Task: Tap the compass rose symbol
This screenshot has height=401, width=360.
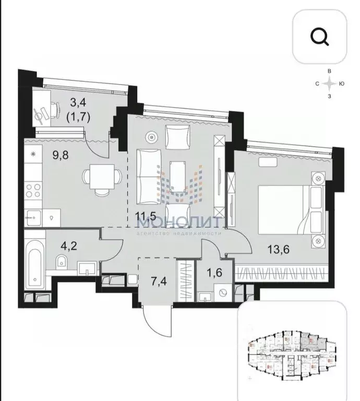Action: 328,83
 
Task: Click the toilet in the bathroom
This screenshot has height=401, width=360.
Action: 62,262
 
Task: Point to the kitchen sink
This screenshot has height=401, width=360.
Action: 33,215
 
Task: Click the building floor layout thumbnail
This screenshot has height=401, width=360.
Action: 293,351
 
